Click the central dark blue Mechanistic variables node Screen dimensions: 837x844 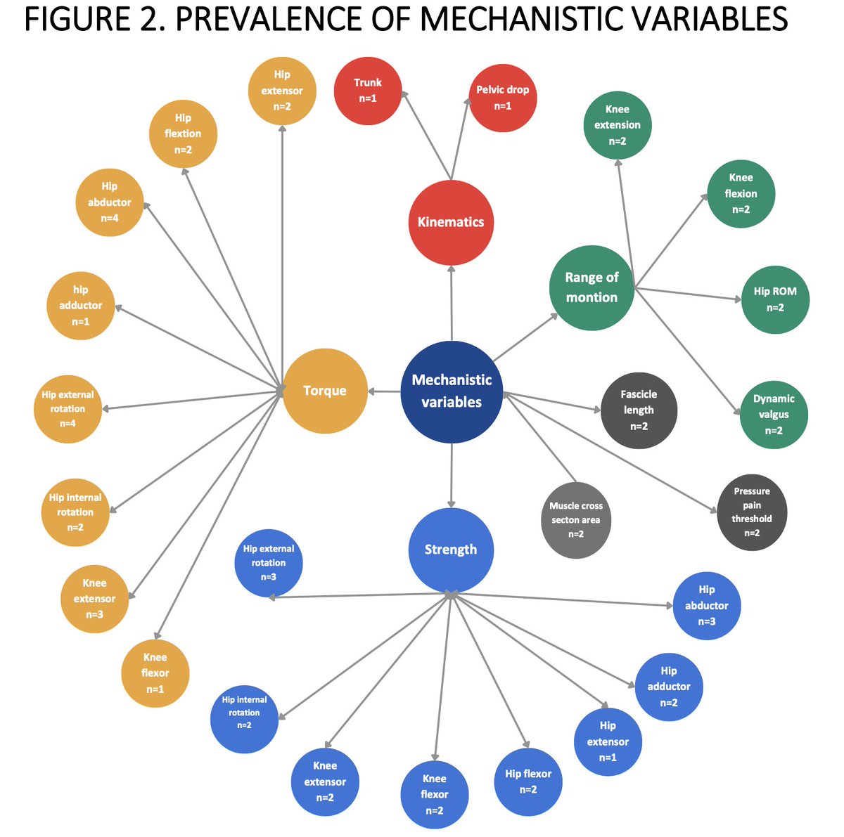pos(452,391)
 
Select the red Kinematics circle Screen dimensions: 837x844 pos(451,222)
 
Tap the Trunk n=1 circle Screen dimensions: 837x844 pos(367,91)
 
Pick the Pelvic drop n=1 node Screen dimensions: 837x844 pos(502,98)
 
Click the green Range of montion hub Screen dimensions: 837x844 pos(592,287)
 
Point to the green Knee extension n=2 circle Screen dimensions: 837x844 pos(617,125)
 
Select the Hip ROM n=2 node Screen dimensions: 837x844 pos(775,299)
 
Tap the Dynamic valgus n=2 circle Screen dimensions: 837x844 pos(774,415)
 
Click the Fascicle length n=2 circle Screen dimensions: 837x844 pos(639,410)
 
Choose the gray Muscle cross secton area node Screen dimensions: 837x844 pos(576,520)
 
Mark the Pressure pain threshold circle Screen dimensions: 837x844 pos(752,512)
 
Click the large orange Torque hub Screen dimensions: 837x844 pos(325,391)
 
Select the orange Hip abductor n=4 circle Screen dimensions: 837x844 pos(109,202)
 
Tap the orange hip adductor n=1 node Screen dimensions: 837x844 pos(81,306)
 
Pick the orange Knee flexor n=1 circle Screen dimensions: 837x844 pos(155,673)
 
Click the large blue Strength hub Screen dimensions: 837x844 pos(451,550)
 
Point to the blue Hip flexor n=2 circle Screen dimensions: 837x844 pos(528,781)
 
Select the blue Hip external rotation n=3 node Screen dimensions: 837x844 pos(268,563)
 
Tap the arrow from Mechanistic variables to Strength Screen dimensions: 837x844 pos(452,478)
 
